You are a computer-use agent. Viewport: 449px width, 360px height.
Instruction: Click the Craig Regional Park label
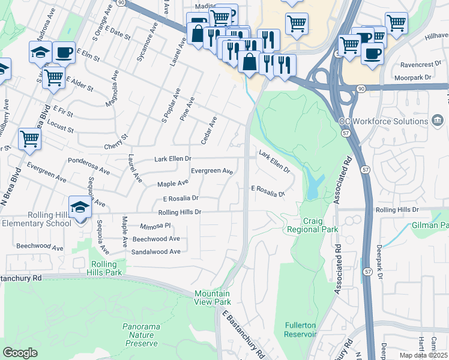312,226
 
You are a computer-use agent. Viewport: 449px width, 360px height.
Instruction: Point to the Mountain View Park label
212,298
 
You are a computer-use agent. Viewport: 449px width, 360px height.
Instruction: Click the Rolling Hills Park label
106,268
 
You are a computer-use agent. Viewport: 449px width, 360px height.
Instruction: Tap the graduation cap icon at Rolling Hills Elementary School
80,208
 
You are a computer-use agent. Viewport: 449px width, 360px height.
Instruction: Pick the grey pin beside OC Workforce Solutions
438,121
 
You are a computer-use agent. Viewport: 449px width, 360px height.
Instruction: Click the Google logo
20,353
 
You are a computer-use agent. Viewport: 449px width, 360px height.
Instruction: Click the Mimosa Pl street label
155,226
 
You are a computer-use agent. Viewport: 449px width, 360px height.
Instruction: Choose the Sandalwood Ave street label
156,251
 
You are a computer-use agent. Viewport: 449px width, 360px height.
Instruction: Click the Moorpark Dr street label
414,78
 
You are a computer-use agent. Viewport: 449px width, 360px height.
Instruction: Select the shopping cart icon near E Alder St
54,77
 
